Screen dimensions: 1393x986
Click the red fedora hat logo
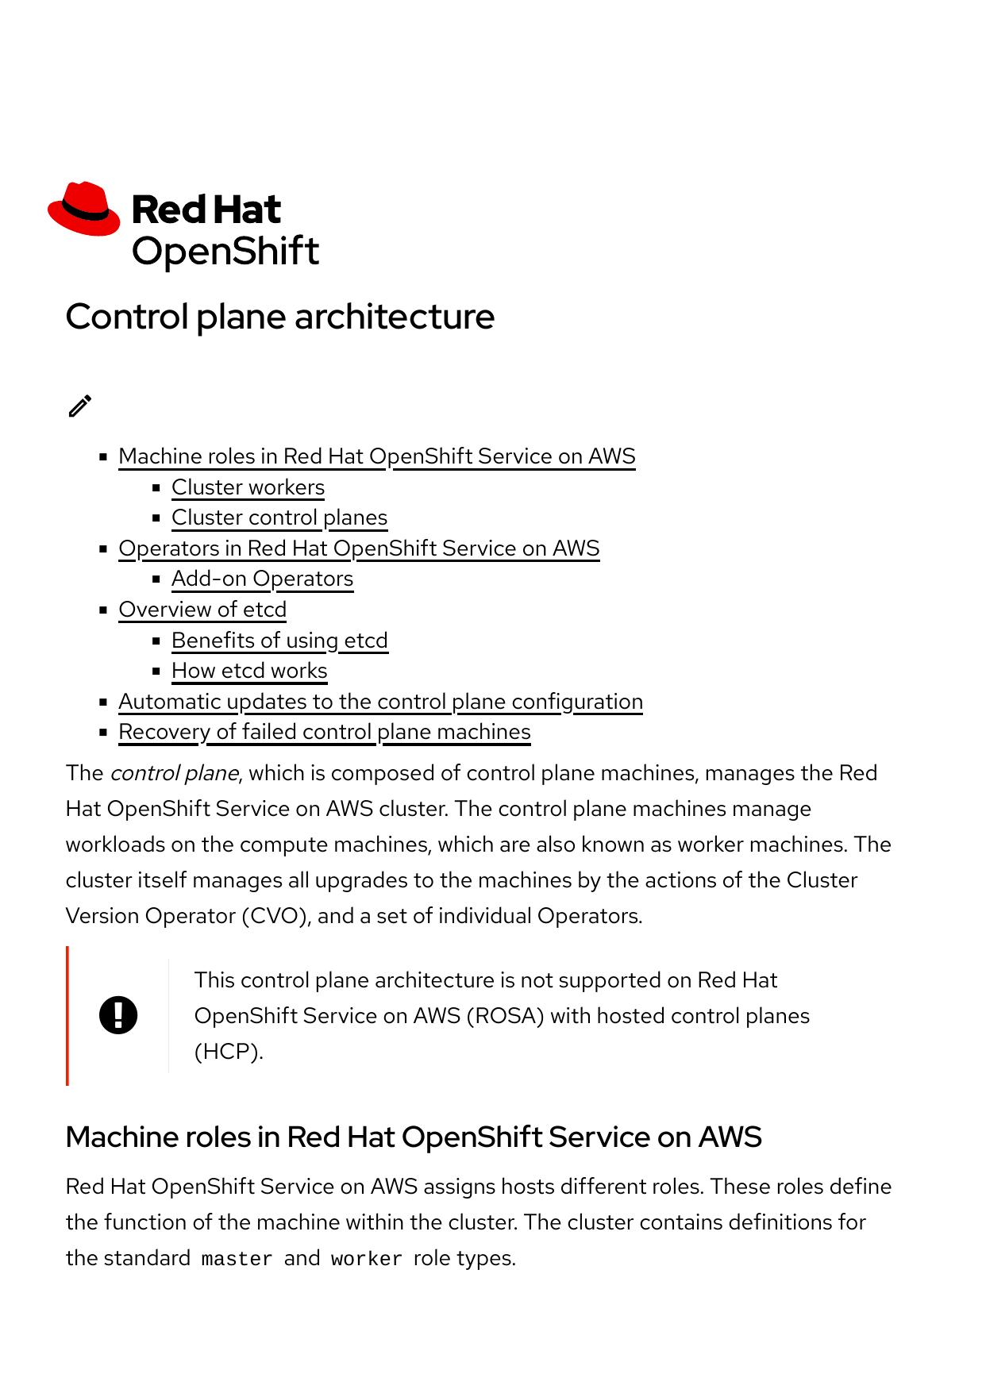tap(83, 209)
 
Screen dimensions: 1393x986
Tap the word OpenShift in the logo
tap(225, 252)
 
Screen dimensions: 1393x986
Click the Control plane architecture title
tap(279, 317)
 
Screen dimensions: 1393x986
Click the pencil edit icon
tap(80, 406)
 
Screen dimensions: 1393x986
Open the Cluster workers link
tap(248, 487)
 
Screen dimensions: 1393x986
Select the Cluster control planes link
tap(279, 518)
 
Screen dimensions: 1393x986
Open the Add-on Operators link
tap(262, 579)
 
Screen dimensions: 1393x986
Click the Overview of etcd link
tap(202, 610)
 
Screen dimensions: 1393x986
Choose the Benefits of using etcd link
tap(279, 641)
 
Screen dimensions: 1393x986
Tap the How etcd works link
tap(249, 671)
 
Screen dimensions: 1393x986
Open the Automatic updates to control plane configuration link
tap(380, 702)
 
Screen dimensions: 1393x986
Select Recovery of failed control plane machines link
tap(325, 732)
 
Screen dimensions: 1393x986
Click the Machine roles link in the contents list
tap(377, 456)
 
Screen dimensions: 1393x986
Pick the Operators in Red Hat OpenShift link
tap(359, 548)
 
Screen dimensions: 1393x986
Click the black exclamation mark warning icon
tap(118, 1015)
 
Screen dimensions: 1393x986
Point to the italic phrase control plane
tap(174, 773)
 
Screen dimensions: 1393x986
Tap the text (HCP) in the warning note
tap(229, 1052)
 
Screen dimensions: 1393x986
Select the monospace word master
tap(237, 1259)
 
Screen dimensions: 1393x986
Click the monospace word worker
tap(366, 1259)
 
